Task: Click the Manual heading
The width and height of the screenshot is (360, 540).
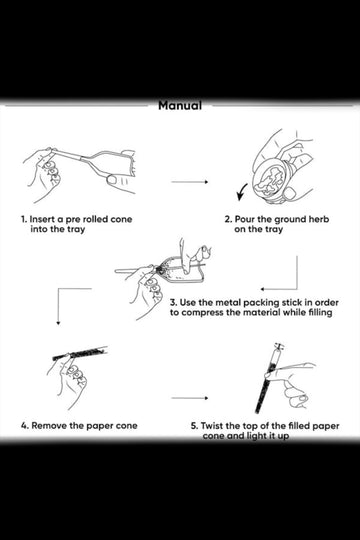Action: [180, 105]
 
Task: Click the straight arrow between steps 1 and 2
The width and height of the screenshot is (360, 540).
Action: [189, 181]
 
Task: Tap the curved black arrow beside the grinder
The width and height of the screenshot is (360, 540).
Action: [242, 192]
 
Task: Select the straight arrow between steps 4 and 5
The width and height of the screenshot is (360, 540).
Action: [189, 398]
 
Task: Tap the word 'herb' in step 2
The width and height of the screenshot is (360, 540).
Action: [319, 219]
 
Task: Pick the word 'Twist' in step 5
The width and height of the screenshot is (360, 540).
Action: [212, 426]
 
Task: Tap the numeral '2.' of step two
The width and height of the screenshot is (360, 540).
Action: [228, 219]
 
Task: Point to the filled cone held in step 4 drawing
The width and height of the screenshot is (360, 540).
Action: [80, 353]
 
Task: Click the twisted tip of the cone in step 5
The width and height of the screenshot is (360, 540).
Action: [279, 346]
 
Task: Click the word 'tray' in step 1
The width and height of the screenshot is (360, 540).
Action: [75, 230]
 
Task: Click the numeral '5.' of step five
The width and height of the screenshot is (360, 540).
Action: [195, 426]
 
